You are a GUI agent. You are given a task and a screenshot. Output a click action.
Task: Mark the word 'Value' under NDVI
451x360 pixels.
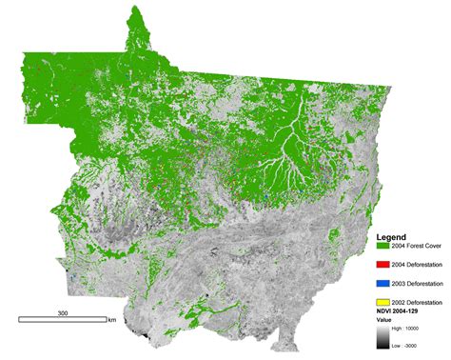coord(385,322)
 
